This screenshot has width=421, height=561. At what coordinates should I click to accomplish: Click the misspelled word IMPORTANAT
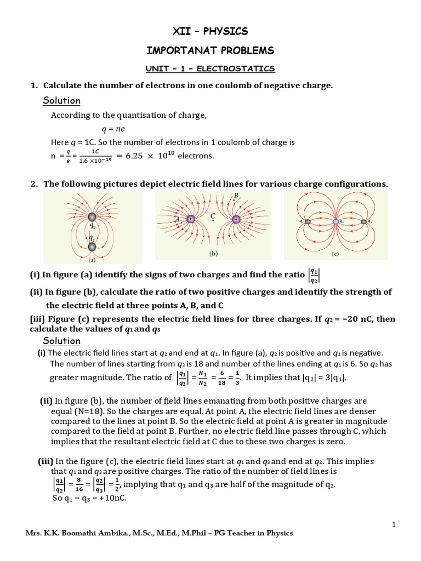(177, 50)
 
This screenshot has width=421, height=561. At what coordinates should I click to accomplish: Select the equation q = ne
(113, 129)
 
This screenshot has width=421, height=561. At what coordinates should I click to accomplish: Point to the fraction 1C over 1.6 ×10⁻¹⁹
(95, 156)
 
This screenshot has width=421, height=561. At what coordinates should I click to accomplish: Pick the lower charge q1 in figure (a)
(92, 247)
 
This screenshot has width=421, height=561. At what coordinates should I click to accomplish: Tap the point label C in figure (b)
(212, 217)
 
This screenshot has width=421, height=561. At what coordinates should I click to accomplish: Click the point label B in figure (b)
(236, 196)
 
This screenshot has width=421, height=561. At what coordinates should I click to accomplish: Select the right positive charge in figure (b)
(236, 219)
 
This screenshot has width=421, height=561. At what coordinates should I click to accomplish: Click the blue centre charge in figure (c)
(335, 221)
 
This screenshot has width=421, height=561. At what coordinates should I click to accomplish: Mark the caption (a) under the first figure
(92, 261)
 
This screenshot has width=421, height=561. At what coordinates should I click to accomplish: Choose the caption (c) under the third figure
(335, 254)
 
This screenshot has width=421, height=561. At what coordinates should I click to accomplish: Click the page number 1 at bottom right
(394, 525)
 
